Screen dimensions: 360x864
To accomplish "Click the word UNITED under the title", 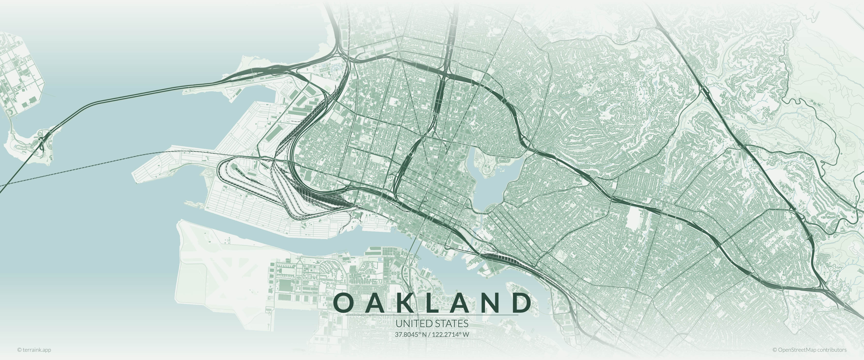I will [x=414, y=324].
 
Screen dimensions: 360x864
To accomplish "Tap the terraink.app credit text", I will [x=34, y=350].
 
